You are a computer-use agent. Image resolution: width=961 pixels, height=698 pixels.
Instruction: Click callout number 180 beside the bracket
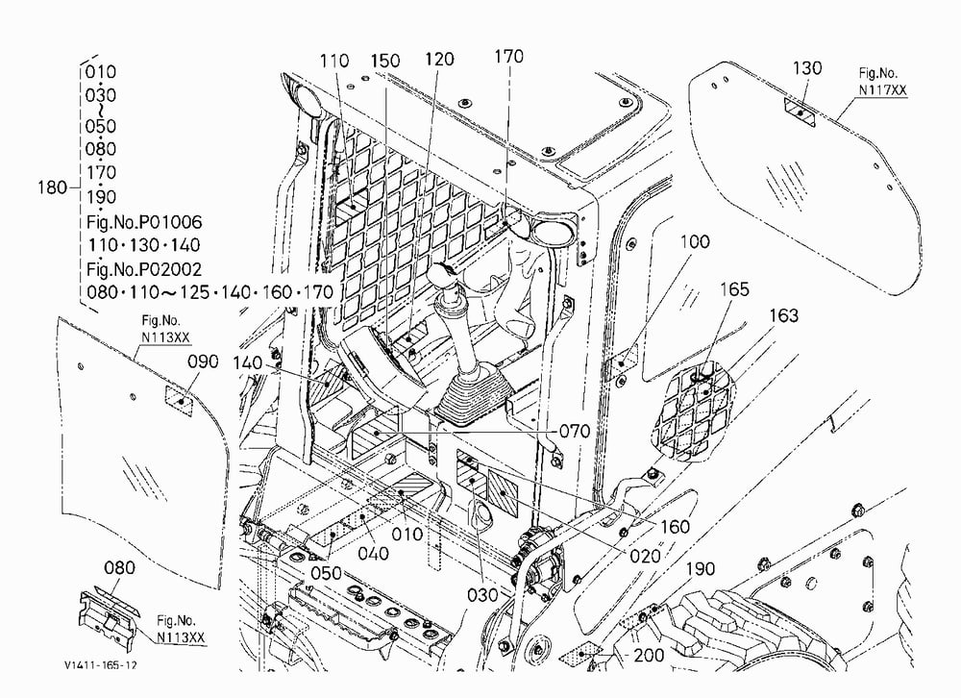click(52, 187)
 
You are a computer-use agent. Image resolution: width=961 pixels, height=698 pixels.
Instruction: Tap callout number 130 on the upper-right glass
click(806, 67)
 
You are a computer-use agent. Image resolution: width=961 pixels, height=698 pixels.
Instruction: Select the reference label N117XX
click(882, 90)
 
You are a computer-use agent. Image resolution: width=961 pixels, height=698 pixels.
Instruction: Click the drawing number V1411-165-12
click(101, 665)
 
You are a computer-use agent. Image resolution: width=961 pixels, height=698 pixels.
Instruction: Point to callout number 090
click(202, 361)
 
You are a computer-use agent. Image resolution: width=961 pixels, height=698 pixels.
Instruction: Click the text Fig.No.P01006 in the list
click(144, 221)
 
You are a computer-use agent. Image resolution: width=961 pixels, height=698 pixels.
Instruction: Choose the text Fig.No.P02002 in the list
click(144, 268)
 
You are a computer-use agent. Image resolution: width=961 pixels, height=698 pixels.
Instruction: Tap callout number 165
click(734, 288)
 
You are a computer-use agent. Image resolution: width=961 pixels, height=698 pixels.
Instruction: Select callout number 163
click(784, 315)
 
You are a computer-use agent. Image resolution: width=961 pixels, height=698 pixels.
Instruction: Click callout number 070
click(575, 431)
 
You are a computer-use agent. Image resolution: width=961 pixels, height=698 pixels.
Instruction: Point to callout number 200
click(649, 655)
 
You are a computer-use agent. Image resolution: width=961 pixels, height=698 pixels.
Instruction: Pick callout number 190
click(700, 569)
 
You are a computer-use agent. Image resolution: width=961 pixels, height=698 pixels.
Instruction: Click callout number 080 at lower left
click(119, 567)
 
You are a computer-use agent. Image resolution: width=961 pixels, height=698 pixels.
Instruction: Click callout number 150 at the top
click(385, 61)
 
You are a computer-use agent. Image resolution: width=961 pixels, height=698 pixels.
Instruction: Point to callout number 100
click(695, 241)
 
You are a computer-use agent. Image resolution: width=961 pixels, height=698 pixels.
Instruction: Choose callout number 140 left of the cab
click(248, 363)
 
